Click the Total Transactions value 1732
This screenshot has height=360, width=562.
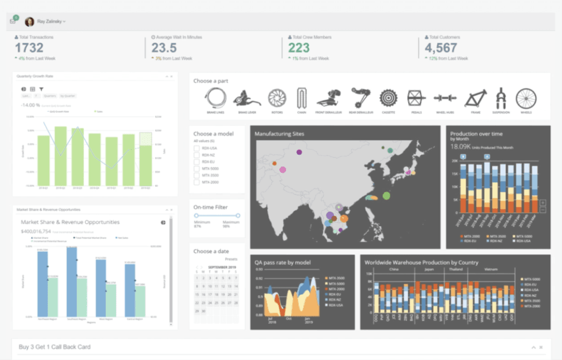click(28, 48)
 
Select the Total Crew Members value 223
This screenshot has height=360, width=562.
click(299, 48)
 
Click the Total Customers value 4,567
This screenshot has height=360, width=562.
click(441, 48)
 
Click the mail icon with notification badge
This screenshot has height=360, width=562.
click(13, 22)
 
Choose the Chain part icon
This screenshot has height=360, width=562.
click(302, 99)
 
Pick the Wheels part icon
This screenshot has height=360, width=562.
click(526, 99)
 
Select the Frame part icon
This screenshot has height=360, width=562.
click(475, 99)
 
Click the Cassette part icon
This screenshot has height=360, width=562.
click(389, 99)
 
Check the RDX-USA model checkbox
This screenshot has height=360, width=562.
click(197, 149)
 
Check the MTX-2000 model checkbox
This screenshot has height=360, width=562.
click(197, 182)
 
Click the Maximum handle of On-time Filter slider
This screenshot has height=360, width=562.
click(238, 216)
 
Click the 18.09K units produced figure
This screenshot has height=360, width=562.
click(461, 147)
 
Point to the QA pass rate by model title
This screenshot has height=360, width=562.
click(283, 262)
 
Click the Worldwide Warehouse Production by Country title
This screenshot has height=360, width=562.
click(421, 262)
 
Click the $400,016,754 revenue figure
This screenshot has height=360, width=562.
click(36, 231)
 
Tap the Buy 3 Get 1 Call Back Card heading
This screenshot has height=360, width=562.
click(55, 347)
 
